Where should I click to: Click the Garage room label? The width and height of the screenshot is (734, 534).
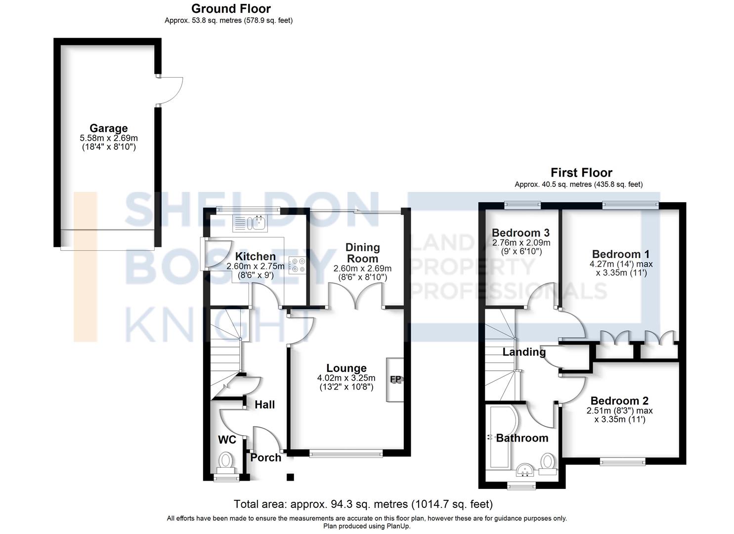(x=108, y=128)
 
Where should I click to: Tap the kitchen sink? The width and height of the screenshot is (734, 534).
(x=250, y=223)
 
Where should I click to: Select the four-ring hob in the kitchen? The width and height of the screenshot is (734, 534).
(x=297, y=265)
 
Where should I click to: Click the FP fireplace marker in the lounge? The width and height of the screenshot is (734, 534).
(x=395, y=379)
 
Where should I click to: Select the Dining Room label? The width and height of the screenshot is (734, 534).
(x=362, y=253)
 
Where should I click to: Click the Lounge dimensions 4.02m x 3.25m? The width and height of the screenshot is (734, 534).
(x=346, y=378)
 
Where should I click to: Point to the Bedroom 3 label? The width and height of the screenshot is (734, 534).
(x=520, y=233)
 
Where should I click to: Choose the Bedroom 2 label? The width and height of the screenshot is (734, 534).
(x=619, y=400)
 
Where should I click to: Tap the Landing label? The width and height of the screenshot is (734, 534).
(x=524, y=352)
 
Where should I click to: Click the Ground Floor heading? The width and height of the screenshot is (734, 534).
(x=231, y=8)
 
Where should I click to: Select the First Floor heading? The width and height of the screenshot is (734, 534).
(x=581, y=173)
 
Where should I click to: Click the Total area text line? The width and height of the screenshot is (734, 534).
(x=363, y=504)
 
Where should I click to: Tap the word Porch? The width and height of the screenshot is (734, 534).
(x=266, y=458)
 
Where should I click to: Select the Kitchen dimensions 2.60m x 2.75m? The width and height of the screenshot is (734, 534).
(x=255, y=266)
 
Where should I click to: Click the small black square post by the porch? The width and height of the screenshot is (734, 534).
(x=290, y=477)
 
